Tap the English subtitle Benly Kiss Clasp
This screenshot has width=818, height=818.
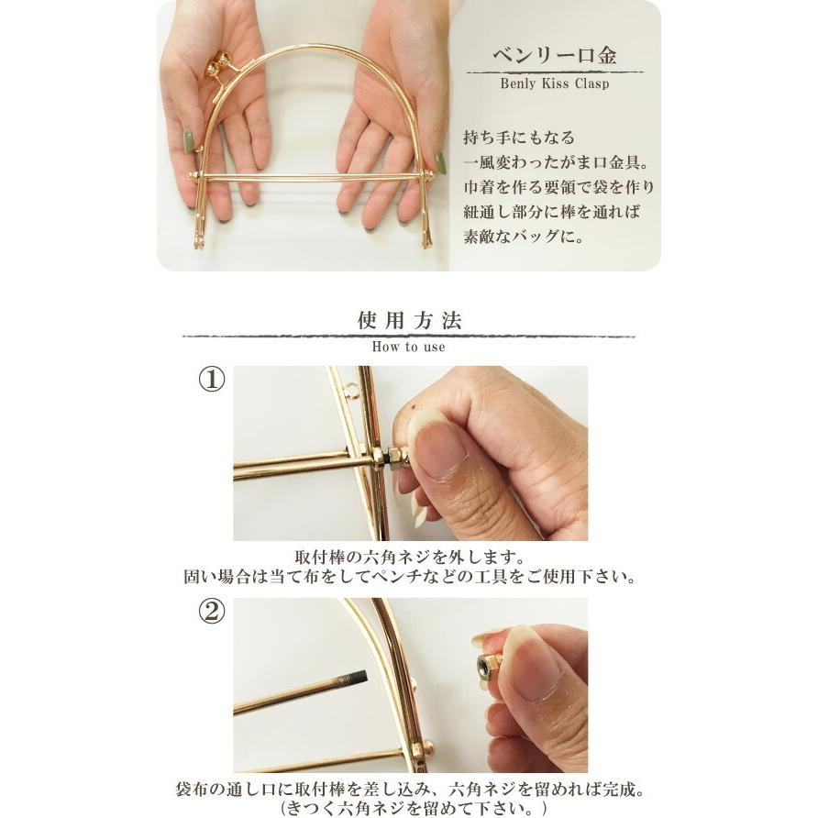point(555,83)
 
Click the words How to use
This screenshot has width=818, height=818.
point(409,348)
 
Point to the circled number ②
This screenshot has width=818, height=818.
point(212,613)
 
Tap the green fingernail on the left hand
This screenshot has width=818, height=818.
point(189,141)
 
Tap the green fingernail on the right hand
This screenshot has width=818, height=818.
point(441,162)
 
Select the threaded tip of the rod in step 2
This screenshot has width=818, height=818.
point(355,679)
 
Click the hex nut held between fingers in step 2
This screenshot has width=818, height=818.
point(487,667)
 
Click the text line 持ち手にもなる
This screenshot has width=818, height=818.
point(520,138)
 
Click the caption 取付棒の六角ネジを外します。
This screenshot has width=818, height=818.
point(409,558)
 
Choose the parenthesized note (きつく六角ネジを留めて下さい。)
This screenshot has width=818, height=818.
point(409,807)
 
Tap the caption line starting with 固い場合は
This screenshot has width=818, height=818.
point(409,578)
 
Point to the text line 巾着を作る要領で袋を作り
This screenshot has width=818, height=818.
point(558,188)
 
